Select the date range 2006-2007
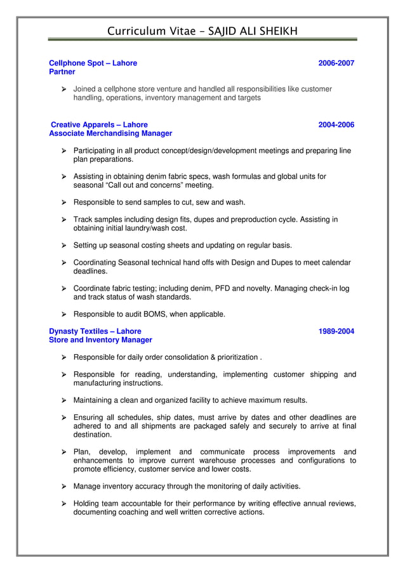click(336, 63)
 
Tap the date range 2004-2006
click(336, 125)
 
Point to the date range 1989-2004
click(336, 331)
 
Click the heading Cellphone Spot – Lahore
click(93, 63)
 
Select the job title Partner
click(62, 72)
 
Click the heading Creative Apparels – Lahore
click(99, 125)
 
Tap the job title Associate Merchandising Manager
click(110, 134)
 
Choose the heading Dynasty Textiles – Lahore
click(95, 331)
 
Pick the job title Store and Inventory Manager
click(100, 340)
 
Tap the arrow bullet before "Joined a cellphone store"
click(63, 89)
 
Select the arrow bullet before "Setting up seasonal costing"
click(63, 246)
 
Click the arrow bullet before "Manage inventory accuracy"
click(63, 487)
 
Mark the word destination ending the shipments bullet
click(93, 435)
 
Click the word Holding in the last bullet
click(88, 504)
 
